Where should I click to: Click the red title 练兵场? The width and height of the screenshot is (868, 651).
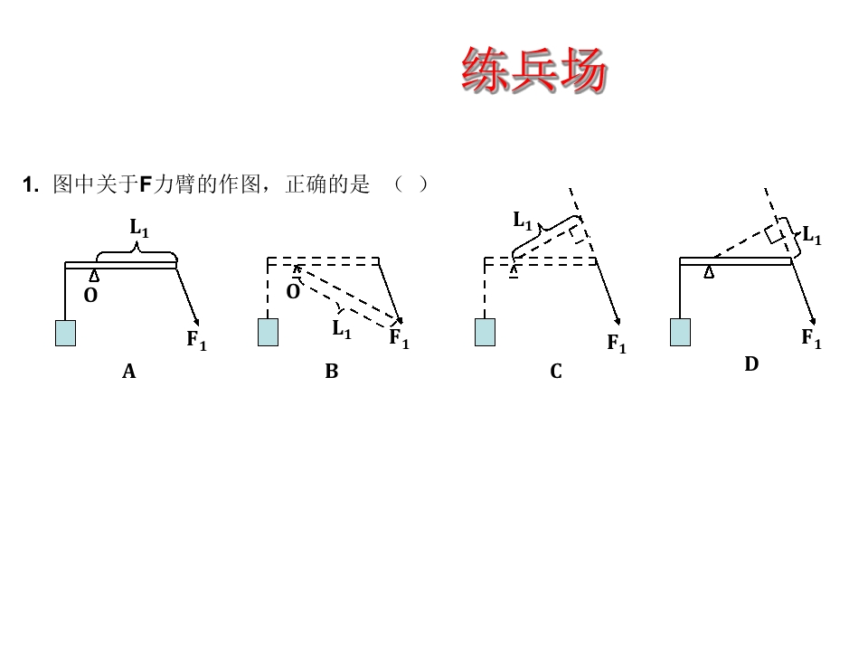(x=534, y=70)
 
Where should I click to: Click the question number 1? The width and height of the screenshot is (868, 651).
(x=31, y=184)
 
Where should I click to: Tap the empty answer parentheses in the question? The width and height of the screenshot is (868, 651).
(x=410, y=184)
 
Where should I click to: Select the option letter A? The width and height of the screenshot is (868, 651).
(x=129, y=371)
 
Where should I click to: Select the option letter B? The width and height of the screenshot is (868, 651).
(x=332, y=371)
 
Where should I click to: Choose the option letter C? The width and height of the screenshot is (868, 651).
(x=556, y=371)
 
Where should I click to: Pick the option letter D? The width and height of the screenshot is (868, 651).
(x=751, y=363)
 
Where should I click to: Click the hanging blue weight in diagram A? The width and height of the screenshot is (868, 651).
(x=65, y=334)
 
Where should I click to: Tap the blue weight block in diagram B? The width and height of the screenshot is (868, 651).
(x=268, y=332)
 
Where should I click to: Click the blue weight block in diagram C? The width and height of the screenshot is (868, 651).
(x=485, y=332)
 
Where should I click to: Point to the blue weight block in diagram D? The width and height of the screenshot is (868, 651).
(x=680, y=332)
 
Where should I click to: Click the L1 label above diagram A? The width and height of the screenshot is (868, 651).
(x=139, y=228)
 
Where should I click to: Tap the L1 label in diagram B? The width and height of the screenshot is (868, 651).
(x=342, y=329)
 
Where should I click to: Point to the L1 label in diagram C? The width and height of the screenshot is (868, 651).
(x=523, y=221)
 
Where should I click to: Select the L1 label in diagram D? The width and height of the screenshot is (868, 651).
(x=812, y=235)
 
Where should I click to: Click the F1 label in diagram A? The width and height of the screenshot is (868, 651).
(x=196, y=340)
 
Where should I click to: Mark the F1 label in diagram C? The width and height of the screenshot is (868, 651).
(x=617, y=344)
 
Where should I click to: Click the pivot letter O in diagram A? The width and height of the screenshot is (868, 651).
(x=90, y=296)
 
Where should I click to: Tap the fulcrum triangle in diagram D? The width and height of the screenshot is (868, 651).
(x=709, y=272)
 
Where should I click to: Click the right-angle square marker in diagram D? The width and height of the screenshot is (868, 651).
(x=776, y=234)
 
